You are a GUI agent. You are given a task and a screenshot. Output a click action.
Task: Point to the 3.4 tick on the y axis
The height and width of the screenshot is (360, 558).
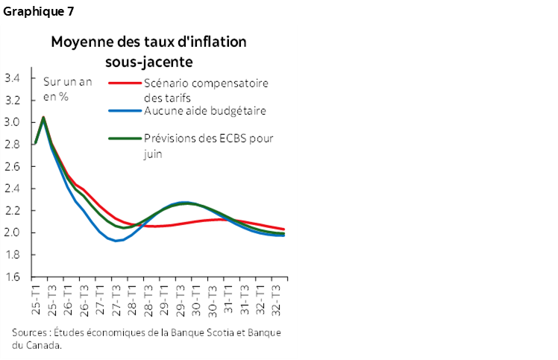tap(13, 78)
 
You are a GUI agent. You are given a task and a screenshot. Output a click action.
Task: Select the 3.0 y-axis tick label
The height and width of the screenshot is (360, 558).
tap(13, 122)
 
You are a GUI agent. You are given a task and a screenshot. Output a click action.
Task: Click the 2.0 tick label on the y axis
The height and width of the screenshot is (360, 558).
tap(13, 233)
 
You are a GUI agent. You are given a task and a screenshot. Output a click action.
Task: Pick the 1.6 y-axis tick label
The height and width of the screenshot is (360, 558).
tap(13, 277)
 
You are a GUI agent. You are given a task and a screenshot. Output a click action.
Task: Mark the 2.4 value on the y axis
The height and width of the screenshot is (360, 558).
tap(13, 189)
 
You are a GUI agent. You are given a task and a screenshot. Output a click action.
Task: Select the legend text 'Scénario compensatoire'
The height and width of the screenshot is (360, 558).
tap(205, 83)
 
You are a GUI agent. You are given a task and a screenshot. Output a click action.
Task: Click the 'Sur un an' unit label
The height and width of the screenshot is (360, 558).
tap(67, 82)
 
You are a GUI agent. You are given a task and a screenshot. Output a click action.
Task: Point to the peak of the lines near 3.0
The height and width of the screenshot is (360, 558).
tap(43, 117)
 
